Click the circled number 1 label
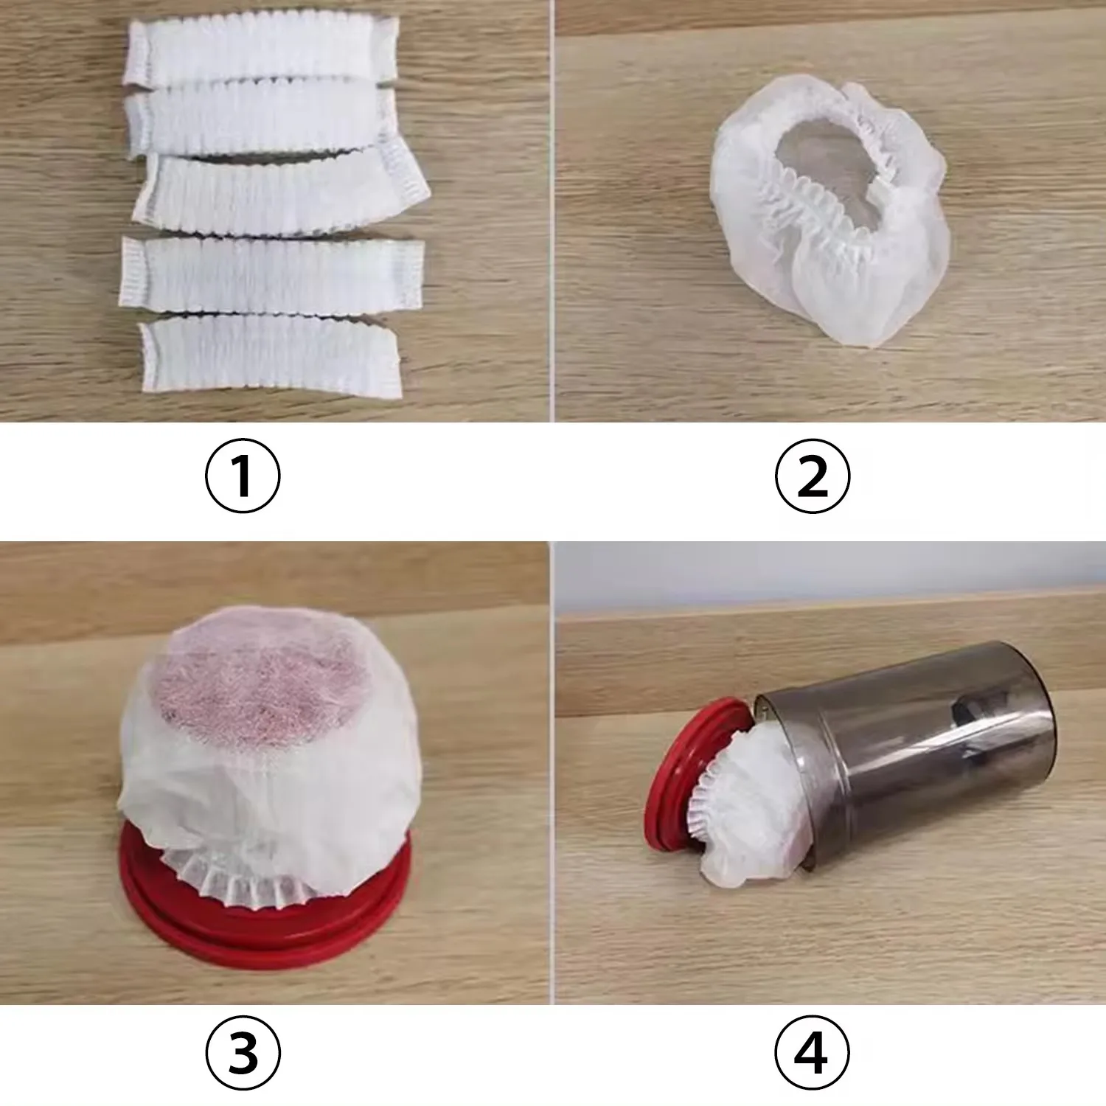point(243,476)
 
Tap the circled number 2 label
point(812,476)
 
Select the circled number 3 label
point(243,1052)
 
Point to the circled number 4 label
point(812,1052)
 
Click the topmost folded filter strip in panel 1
point(262,50)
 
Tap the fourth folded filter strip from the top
point(271,275)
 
